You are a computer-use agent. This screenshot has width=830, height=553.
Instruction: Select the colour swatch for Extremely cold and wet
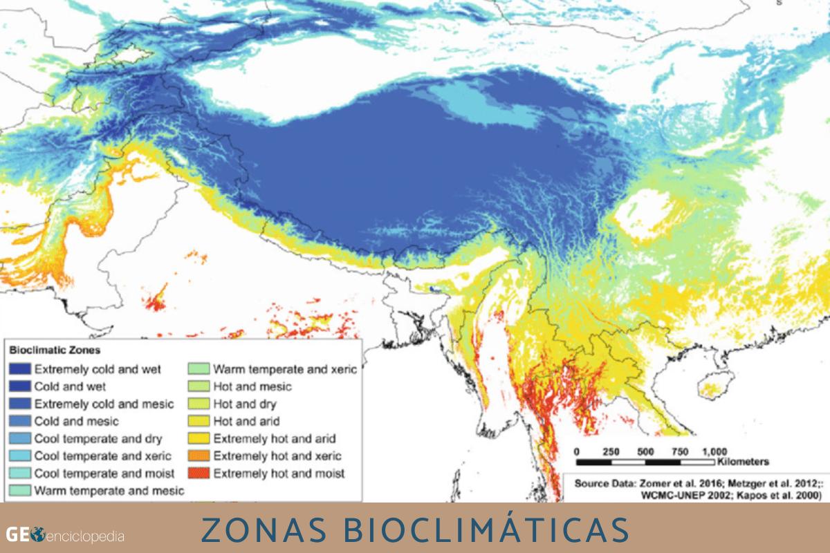[20, 369]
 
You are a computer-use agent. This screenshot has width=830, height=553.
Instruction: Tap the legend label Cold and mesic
[76, 421]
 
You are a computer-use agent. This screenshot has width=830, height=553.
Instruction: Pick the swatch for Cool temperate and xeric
[20, 456]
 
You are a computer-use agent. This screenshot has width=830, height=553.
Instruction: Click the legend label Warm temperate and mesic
[109, 491]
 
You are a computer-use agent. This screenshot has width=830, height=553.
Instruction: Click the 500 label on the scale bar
[646, 451]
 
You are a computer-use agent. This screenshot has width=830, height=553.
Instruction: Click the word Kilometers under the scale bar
[744, 461]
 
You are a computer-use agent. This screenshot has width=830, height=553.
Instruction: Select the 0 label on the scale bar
[578, 451]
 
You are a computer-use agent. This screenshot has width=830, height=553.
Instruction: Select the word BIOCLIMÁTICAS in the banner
[477, 528]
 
